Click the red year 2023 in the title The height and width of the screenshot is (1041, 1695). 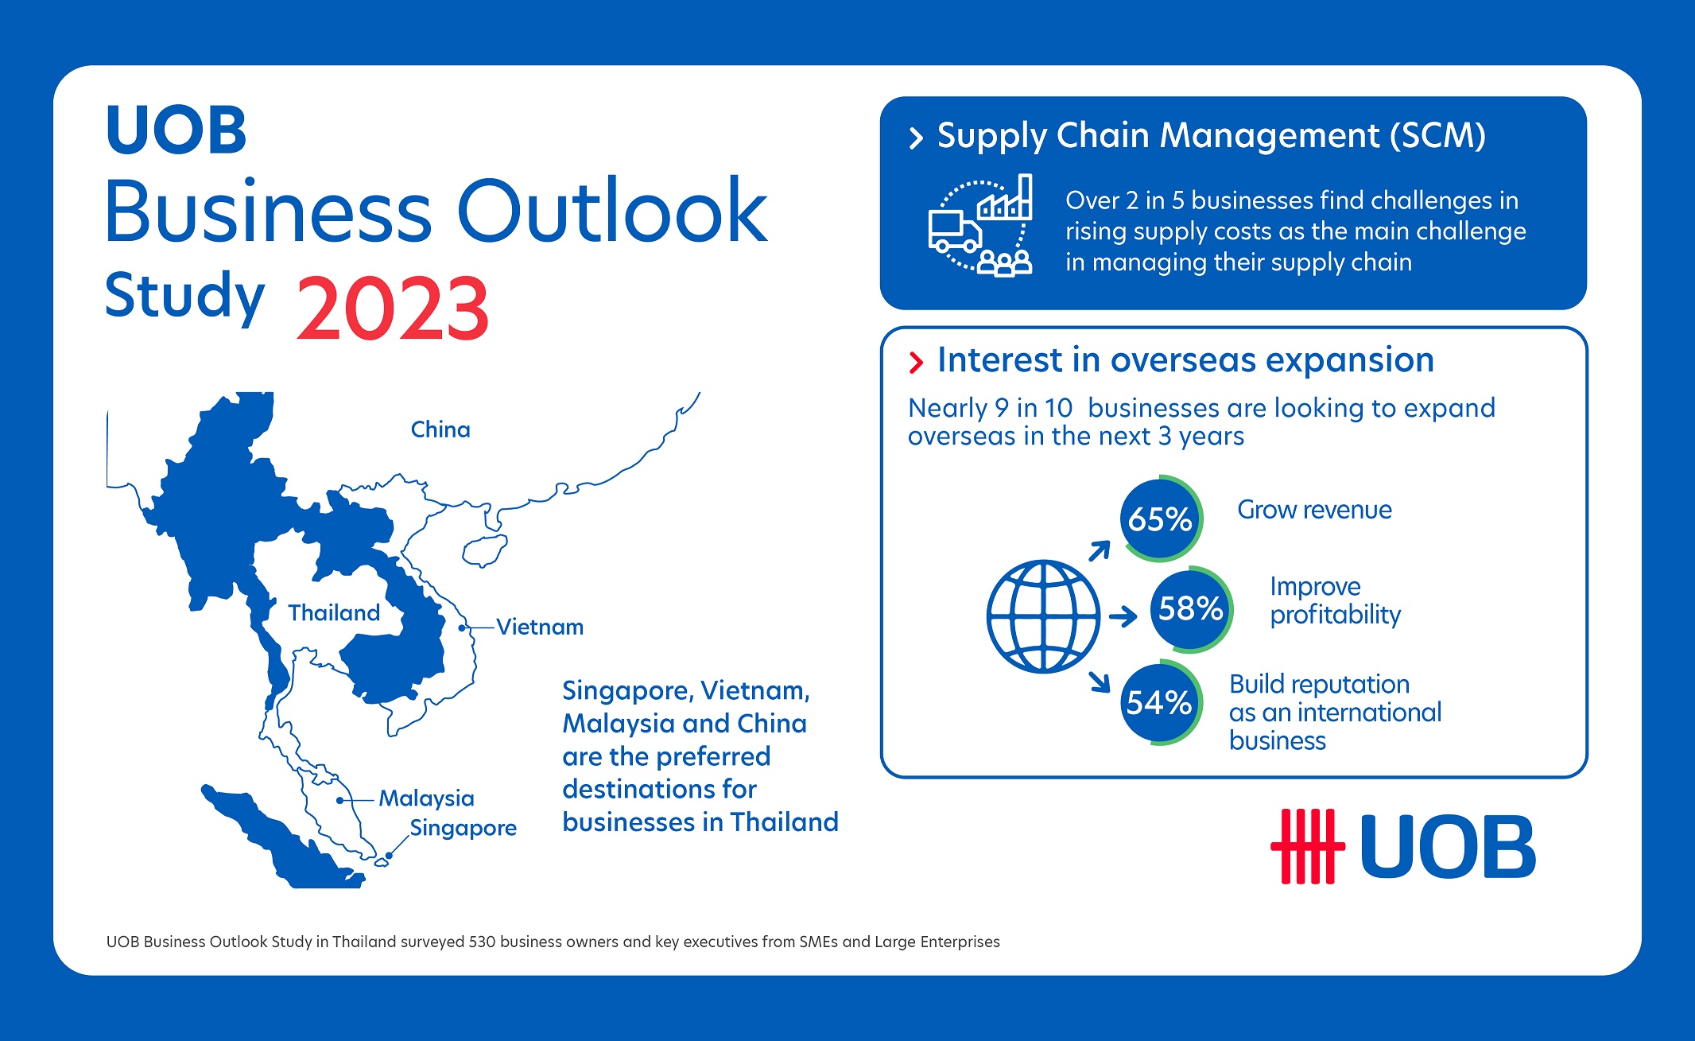coord(393,308)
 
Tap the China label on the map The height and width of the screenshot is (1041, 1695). coord(440,429)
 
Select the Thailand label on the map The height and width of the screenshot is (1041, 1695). coord(334,612)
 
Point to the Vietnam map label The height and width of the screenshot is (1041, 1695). coord(540,627)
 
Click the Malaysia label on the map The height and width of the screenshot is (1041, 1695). coord(426,798)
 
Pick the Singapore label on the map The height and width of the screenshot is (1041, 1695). coord(464,828)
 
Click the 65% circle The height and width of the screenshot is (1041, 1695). coord(1161,519)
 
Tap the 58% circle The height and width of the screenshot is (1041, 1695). coord(1191,609)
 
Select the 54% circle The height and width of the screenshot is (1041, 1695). coord(1161,702)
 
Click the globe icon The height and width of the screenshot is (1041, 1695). coord(1043,616)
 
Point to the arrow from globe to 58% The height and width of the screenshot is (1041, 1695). coord(1123,616)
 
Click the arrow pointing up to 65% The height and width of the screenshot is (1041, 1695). coord(1100,550)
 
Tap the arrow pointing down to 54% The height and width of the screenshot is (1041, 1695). coord(1100,682)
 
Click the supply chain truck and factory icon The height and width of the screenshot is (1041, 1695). coord(980,225)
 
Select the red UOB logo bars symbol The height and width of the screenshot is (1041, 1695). coord(1308,846)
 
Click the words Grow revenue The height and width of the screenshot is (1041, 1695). coord(1314,510)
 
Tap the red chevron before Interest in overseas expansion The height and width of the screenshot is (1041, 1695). coord(916,363)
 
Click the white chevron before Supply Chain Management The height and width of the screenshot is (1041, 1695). coord(916,138)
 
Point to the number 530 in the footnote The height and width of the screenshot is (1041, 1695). coord(482,942)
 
